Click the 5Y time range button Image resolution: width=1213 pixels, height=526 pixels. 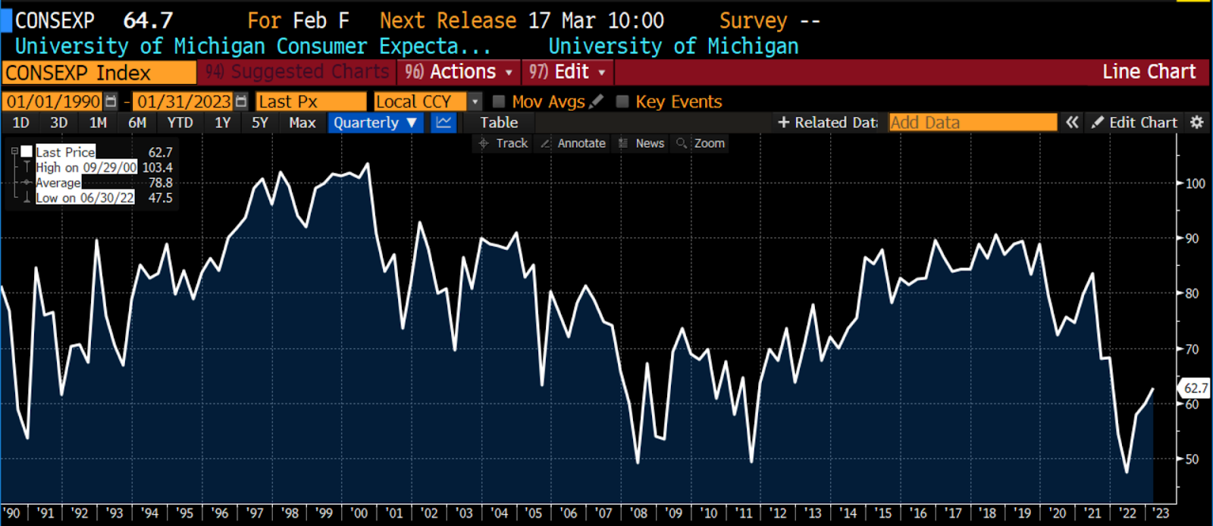(x=259, y=123)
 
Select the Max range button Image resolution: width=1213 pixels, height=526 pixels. (x=302, y=123)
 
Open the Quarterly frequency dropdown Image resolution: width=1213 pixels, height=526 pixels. (x=375, y=123)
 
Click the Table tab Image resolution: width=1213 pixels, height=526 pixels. (x=499, y=123)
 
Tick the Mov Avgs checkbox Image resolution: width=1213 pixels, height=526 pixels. (x=499, y=102)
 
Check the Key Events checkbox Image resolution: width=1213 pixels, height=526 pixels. (x=622, y=102)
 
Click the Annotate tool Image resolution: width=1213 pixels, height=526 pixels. (x=573, y=143)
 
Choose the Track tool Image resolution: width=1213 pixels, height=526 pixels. (x=503, y=143)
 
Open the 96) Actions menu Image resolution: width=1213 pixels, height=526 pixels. (x=458, y=72)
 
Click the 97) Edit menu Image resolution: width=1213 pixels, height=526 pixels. (x=567, y=72)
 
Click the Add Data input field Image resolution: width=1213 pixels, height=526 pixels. (x=973, y=123)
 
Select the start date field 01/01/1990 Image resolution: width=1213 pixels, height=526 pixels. (x=53, y=102)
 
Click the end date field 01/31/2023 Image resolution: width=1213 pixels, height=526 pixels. (x=184, y=102)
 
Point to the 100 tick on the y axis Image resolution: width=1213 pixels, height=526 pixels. (x=1195, y=183)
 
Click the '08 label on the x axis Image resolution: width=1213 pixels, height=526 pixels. (x=638, y=513)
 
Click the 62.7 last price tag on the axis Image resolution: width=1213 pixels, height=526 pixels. (x=1195, y=388)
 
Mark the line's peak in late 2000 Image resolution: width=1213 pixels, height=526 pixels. (x=368, y=164)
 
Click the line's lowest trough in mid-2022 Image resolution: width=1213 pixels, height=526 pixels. (x=1127, y=472)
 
